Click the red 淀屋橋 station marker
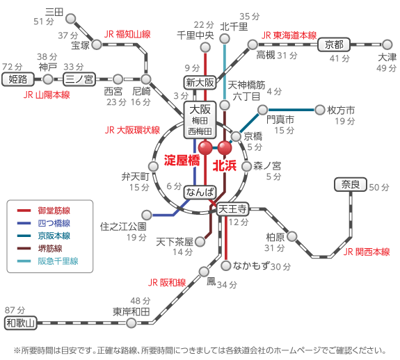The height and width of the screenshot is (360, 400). (x=205, y=147)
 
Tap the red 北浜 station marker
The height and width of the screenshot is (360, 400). (x=225, y=147)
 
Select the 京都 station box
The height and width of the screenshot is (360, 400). (x=334, y=45)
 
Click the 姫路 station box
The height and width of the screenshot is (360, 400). (x=18, y=79)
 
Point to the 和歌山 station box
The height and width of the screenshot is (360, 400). (x=21, y=323)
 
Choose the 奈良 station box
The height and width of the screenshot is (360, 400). (x=351, y=184)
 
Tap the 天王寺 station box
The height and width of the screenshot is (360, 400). (x=232, y=209)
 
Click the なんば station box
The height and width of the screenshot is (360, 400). (x=200, y=192)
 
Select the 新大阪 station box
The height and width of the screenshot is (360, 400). (x=200, y=83)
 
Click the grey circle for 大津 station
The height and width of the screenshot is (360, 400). (x=387, y=44)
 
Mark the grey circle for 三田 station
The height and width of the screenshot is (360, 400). (x=71, y=19)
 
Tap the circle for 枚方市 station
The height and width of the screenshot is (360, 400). (x=319, y=110)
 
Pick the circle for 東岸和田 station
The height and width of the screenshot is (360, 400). (x=131, y=323)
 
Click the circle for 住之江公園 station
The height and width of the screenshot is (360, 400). (x=147, y=215)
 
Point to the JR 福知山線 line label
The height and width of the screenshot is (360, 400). (x=127, y=34)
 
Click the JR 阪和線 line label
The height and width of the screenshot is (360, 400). (x=167, y=283)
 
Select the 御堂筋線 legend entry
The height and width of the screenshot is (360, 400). (x=44, y=211)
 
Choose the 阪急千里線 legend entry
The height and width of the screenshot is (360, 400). (x=47, y=261)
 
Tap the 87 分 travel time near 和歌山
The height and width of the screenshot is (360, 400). (x=15, y=311)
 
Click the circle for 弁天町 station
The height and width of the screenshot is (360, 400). (x=153, y=166)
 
